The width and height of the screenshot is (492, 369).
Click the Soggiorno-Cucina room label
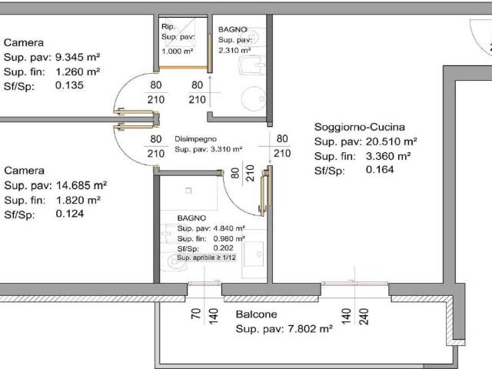360,127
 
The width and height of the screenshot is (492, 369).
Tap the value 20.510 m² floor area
391,141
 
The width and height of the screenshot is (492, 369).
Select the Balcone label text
256,314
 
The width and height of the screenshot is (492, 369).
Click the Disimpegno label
195,139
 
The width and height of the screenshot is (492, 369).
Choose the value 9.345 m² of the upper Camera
78,58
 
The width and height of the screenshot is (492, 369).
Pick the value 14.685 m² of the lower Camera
81,185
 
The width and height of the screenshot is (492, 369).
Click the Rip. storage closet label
168,27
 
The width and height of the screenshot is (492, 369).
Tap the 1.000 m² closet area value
178,51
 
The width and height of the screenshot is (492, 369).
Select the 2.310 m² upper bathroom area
234,50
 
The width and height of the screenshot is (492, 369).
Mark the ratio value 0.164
380,170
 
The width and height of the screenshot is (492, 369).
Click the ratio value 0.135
69,85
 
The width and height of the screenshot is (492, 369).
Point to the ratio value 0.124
70,214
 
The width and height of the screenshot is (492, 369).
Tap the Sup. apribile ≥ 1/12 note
207,258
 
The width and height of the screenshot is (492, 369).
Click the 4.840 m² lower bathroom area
229,228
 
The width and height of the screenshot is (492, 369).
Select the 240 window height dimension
364,316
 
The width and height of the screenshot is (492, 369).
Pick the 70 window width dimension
196,314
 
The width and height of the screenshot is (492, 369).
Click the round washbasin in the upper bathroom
254,99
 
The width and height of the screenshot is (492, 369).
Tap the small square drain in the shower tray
188,191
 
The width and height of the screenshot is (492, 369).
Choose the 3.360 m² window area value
388,156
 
